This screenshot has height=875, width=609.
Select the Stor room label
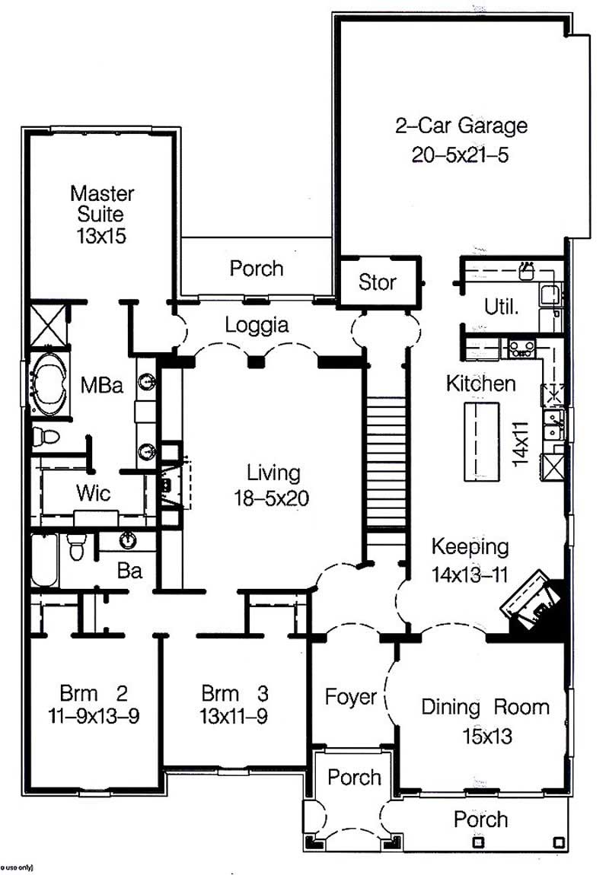click(378, 282)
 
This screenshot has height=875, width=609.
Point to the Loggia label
click(257, 326)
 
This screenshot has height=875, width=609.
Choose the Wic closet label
click(93, 493)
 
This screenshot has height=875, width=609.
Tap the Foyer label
click(351, 696)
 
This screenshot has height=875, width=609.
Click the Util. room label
click(502, 307)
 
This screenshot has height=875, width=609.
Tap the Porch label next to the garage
click(257, 269)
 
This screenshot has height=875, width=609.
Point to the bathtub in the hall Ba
click(43, 560)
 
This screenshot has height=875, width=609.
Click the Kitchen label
click(480, 383)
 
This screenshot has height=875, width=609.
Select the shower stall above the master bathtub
click(49, 326)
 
